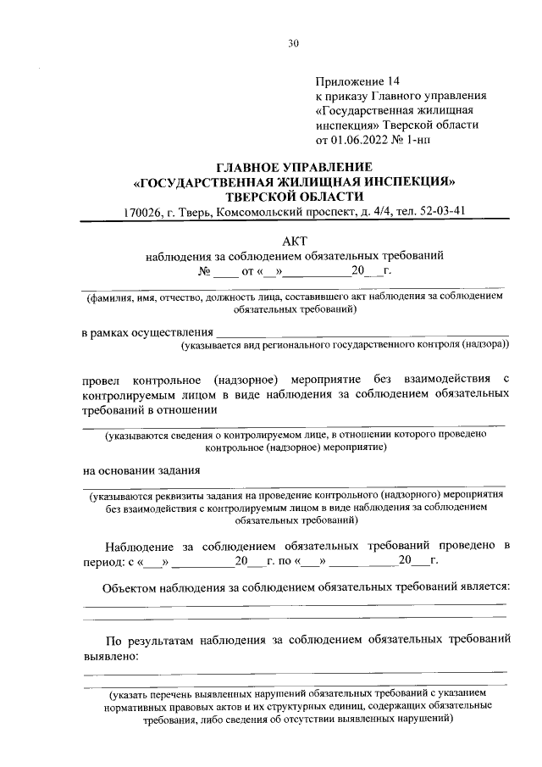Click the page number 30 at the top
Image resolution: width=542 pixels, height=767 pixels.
point(294,43)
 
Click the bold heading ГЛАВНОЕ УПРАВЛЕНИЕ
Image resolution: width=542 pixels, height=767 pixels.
point(294,167)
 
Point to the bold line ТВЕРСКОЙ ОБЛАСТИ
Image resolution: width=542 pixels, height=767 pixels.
point(294,196)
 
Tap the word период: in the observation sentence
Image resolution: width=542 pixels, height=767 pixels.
point(103,562)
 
